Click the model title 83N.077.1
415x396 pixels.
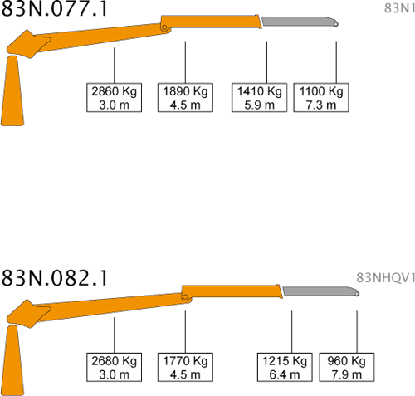pyautogui.click(x=54, y=8)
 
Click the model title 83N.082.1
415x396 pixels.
pyautogui.click(x=54, y=277)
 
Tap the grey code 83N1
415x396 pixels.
pyautogui.click(x=400, y=8)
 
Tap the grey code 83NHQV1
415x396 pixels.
pyautogui.click(x=386, y=277)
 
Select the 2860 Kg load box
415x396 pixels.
pyautogui.click(x=114, y=97)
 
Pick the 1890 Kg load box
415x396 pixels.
pyautogui.click(x=185, y=97)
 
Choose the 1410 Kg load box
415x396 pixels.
pyautogui.click(x=259, y=97)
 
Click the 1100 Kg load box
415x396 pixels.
pyautogui.click(x=321, y=97)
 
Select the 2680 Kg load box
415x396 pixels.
pyautogui.click(x=114, y=367)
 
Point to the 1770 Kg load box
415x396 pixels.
pyautogui.click(x=185, y=367)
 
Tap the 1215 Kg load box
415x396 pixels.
pyautogui.click(x=285, y=367)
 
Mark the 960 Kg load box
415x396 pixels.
pyautogui.click(x=347, y=367)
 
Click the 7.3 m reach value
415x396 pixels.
pyautogui.click(x=321, y=105)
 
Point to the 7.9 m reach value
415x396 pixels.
pyautogui.click(x=347, y=374)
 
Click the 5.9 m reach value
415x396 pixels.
pyautogui.click(x=259, y=105)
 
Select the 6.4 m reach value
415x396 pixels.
pyautogui.click(x=285, y=374)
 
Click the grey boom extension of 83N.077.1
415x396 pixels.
pyautogui.click(x=300, y=22)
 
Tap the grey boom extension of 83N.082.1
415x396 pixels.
pyautogui.click(x=320, y=291)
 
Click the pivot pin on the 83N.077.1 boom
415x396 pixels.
pyautogui.click(x=164, y=27)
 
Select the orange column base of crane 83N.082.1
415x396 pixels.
pyautogui.click(x=12, y=360)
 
